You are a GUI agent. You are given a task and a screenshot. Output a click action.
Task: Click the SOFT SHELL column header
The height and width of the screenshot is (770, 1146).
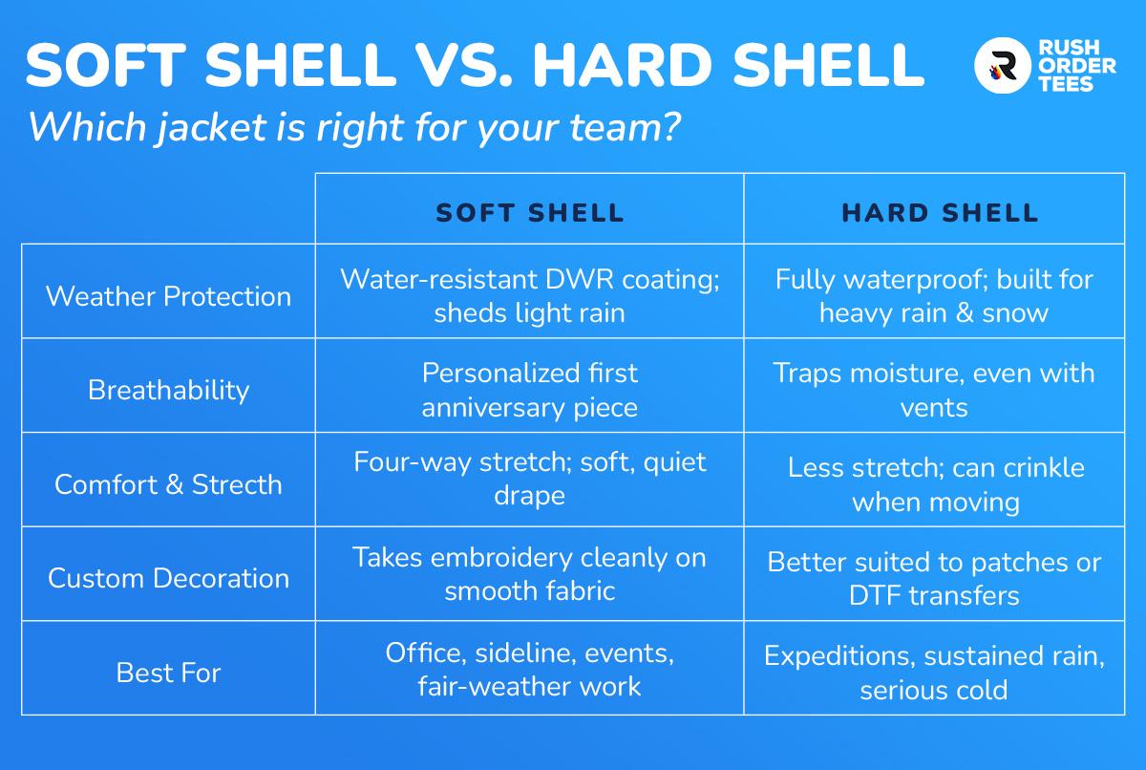(x=529, y=213)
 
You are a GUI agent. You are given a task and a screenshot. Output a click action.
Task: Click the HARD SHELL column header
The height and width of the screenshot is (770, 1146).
(x=940, y=213)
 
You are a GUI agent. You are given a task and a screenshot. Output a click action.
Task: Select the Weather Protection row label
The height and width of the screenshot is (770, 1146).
(x=168, y=296)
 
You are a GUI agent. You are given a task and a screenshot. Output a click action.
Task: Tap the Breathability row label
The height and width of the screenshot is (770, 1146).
(x=168, y=391)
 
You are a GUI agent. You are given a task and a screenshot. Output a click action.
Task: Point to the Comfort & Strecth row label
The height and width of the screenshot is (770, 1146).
(x=168, y=484)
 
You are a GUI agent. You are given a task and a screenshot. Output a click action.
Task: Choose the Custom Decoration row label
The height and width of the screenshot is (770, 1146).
(x=168, y=579)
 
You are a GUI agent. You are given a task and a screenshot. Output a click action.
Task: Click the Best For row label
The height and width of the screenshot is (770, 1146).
(x=168, y=673)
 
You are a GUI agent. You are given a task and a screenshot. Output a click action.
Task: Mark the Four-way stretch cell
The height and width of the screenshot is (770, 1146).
(x=529, y=479)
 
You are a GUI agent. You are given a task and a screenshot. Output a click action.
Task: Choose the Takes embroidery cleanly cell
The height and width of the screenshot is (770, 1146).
(x=529, y=573)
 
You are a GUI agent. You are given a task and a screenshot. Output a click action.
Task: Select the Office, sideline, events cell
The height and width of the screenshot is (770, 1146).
(x=529, y=669)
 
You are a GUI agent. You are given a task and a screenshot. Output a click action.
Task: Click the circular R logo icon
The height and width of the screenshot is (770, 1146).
(x=1002, y=66)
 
